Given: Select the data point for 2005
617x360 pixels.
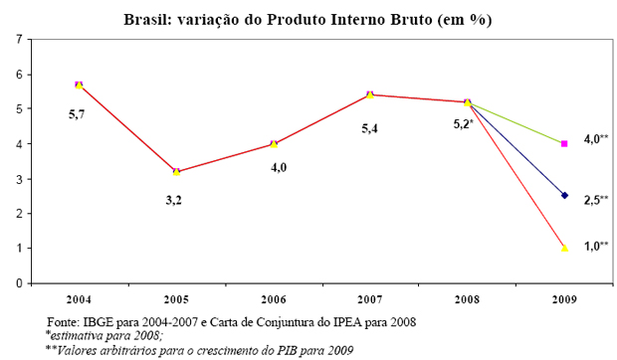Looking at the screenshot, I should click(x=176, y=172).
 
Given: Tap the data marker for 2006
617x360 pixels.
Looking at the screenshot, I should click(x=274, y=143).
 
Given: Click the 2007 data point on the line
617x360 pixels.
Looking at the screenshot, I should click(x=370, y=94).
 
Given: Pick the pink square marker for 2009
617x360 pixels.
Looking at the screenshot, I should click(x=565, y=143).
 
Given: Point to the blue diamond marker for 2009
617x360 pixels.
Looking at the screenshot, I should click(x=565, y=196).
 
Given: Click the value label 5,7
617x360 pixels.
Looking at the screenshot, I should click(x=78, y=116).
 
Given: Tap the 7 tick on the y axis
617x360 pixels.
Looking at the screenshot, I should click(x=17, y=39).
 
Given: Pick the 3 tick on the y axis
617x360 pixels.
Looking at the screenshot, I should click(x=17, y=179).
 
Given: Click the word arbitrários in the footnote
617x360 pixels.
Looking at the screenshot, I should click(x=133, y=349).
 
